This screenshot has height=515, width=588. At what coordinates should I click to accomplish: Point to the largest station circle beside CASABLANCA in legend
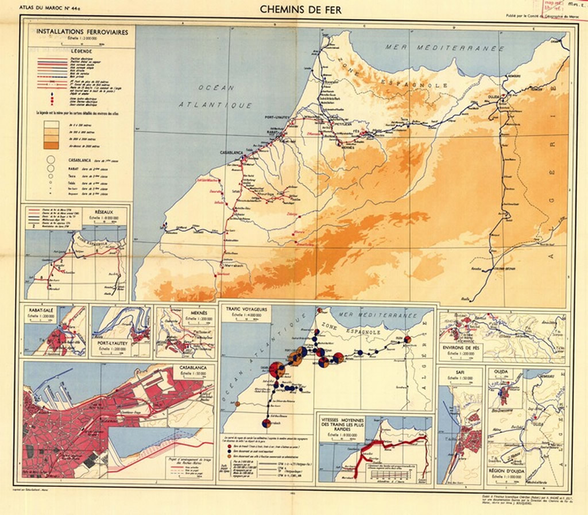coord(51,160)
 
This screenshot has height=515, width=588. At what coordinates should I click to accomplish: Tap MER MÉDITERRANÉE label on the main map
coord(444,48)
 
